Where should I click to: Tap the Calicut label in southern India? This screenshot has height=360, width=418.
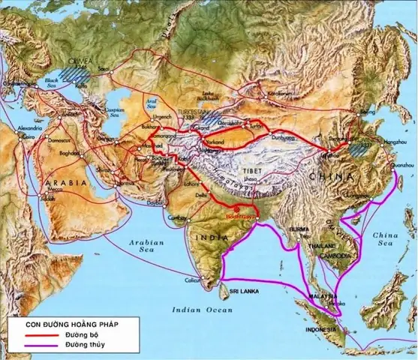(191, 280)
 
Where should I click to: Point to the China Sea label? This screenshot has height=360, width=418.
(386, 241)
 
